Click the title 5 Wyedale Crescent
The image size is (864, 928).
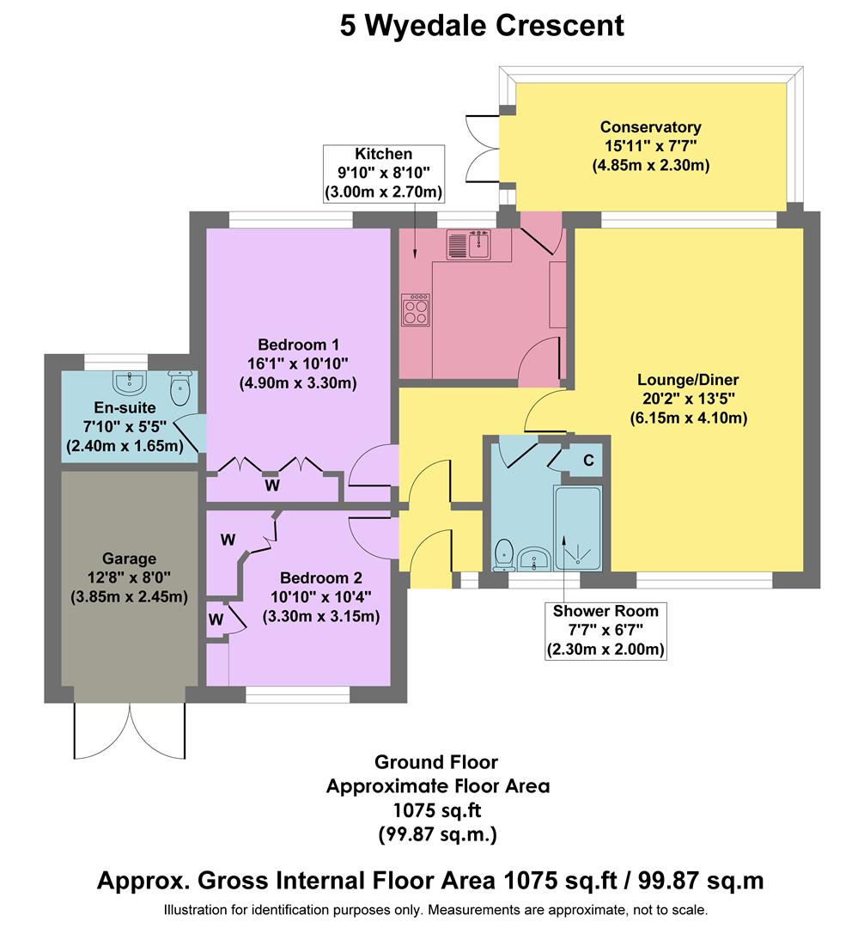pos(482,25)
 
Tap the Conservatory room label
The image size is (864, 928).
pos(650,146)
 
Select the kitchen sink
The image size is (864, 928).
pos(467,244)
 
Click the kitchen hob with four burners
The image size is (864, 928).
pos(416,310)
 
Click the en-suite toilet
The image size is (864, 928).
pos(179,388)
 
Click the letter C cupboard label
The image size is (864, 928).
pos(588,461)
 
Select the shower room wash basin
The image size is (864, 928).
pos(534,558)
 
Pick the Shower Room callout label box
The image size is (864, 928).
pos(606,631)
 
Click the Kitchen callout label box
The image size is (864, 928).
pos(384,173)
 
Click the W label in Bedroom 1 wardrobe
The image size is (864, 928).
pos(271,485)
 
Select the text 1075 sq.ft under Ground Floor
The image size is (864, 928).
pos(436,809)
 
